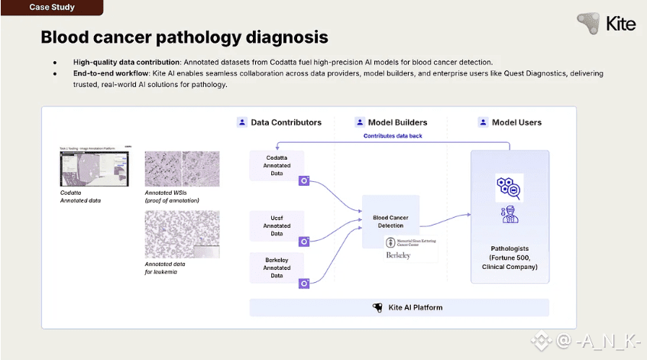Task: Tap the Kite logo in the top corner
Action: (x=607, y=23)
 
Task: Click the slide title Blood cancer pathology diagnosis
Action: (x=184, y=37)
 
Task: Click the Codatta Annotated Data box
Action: (x=277, y=164)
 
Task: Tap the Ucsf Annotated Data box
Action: (x=277, y=225)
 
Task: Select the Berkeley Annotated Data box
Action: (x=277, y=268)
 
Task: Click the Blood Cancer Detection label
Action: (x=390, y=222)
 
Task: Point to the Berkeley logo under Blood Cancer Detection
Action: (x=398, y=255)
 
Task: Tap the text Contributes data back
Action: (x=392, y=136)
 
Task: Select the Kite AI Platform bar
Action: (x=400, y=307)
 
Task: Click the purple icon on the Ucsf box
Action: (x=304, y=242)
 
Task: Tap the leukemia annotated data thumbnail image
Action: (x=182, y=234)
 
